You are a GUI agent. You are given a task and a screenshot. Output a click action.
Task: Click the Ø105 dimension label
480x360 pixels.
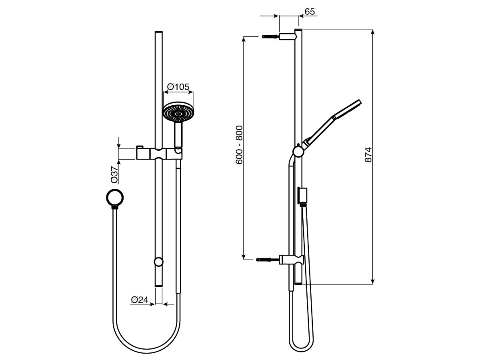click(x=178, y=86)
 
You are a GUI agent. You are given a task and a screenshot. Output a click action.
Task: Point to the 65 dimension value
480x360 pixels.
click(x=310, y=12)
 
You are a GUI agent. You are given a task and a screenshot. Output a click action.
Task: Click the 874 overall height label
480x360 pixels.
click(x=368, y=155)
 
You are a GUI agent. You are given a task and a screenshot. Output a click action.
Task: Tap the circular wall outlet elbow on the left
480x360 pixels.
click(x=116, y=197)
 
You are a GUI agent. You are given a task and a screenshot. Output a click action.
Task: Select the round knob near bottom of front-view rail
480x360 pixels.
click(x=159, y=262)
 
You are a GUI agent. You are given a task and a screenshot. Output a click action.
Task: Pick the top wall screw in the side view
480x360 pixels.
click(x=270, y=36)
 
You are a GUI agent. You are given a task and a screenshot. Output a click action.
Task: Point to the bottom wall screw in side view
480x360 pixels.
click(x=268, y=260)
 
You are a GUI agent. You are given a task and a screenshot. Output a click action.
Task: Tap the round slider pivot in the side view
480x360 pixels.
click(x=298, y=151)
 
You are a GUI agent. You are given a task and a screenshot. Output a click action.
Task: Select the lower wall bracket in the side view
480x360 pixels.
click(x=292, y=260)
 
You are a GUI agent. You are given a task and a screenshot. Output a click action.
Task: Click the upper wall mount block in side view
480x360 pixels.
click(x=287, y=36)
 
